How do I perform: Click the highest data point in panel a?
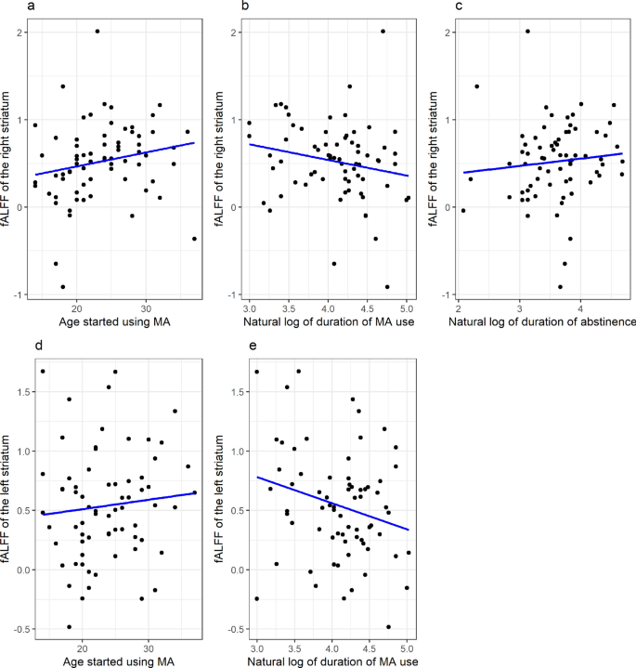(97, 31)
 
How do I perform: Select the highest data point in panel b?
(383, 31)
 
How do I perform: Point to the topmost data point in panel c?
(527, 31)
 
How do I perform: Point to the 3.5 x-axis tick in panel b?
(289, 308)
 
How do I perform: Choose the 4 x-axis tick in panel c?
(580, 308)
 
